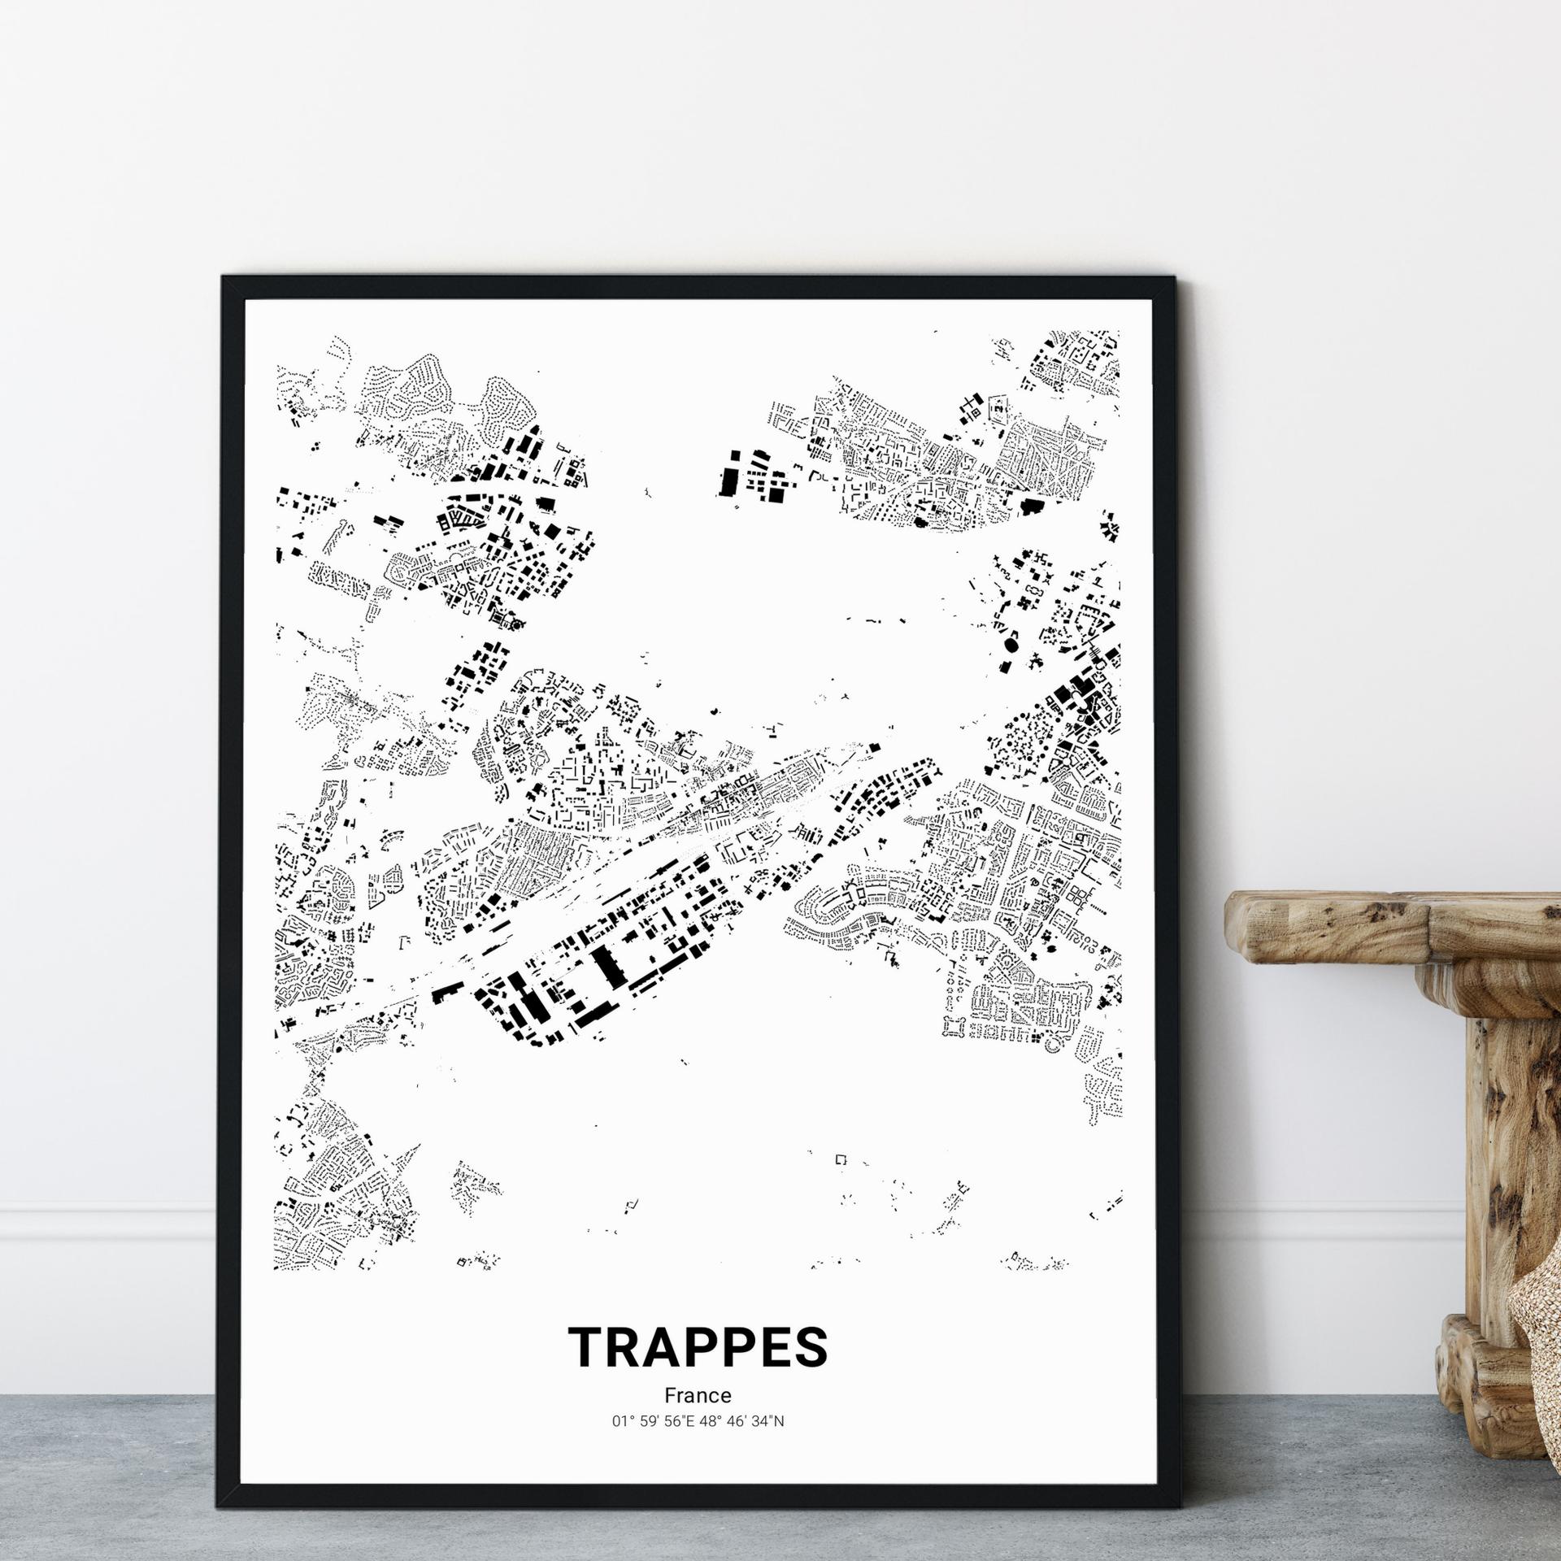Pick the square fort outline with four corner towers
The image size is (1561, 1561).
point(948,1027)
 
